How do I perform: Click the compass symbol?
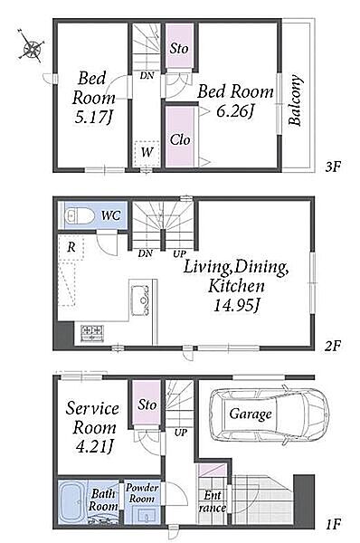[x=31, y=46]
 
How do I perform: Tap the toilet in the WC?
[x=80, y=216]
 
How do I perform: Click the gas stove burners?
[x=92, y=333]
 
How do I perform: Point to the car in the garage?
[x=270, y=414]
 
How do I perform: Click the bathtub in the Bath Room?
[x=71, y=502]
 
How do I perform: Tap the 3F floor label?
[x=333, y=167]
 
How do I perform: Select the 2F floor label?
[x=333, y=346]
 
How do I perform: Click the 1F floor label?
[x=334, y=524]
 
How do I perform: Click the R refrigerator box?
[x=71, y=247]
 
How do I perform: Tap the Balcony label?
[x=295, y=100]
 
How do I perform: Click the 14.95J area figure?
[x=237, y=306]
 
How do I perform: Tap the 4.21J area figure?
[x=94, y=447]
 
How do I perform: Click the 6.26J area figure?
[x=235, y=111]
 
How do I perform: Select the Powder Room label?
[x=142, y=493]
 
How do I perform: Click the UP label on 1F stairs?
[x=180, y=433]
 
